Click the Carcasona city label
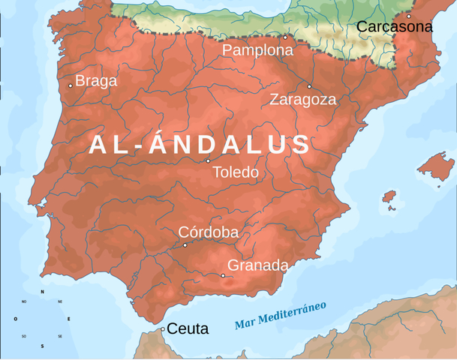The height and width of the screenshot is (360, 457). tap(394, 27)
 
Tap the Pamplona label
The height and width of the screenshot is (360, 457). tap(257, 50)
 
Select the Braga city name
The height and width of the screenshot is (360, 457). tap(97, 81)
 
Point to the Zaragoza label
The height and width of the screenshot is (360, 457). tap(302, 100)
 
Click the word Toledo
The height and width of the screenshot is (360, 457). tap(235, 172)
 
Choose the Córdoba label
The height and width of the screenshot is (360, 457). tap(208, 232)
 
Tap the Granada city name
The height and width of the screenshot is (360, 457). tap(257, 265)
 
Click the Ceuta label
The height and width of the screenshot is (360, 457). tap(187, 328)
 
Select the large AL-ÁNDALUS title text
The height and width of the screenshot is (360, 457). tap(200, 145)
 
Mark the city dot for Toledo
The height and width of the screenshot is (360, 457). tap(209, 160)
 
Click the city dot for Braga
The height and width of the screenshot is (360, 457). tap(71, 85)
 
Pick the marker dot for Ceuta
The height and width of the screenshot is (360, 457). tap(163, 328)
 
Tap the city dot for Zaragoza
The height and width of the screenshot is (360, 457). tap(309, 86)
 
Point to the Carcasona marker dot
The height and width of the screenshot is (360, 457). tap(409, 16)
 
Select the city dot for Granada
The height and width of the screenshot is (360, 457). tap(223, 275)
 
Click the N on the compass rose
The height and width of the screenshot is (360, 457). tap(42, 292)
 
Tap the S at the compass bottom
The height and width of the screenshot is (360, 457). tap(42, 346)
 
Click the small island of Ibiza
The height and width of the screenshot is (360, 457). tap(389, 196)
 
